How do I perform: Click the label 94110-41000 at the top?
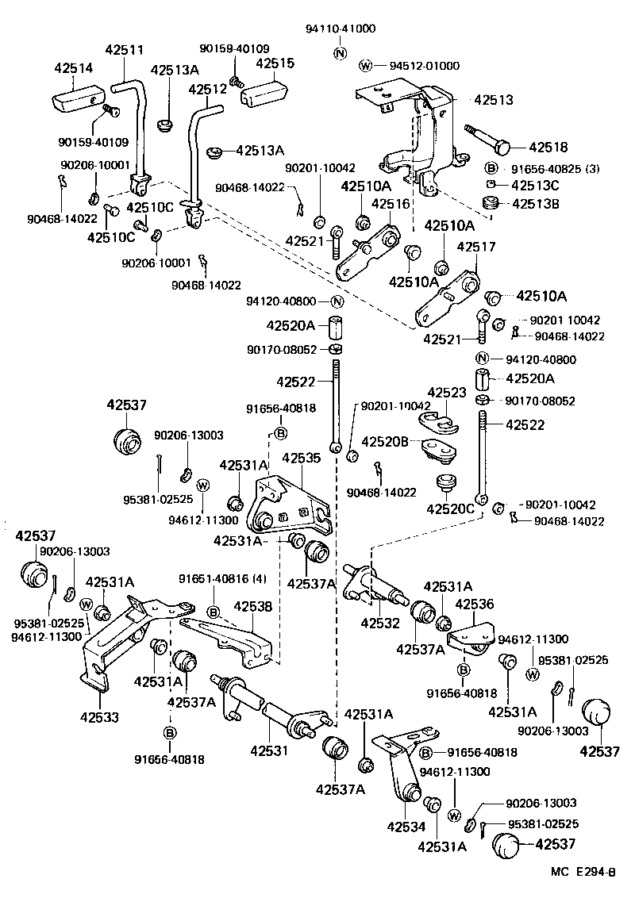pos(341,29)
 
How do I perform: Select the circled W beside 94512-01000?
pos(365,65)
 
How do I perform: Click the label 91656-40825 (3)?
pos(545,168)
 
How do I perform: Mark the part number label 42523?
pos(448,393)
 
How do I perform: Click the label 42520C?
pos(451,508)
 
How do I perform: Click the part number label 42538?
pos(252,607)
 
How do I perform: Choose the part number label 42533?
pos(100,718)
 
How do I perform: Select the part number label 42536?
pos(475,604)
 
